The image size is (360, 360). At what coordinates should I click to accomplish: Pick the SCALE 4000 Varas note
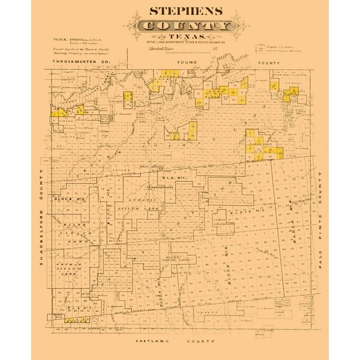(x=68, y=40)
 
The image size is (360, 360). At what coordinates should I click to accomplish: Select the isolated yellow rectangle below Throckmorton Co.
(x=127, y=99)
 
